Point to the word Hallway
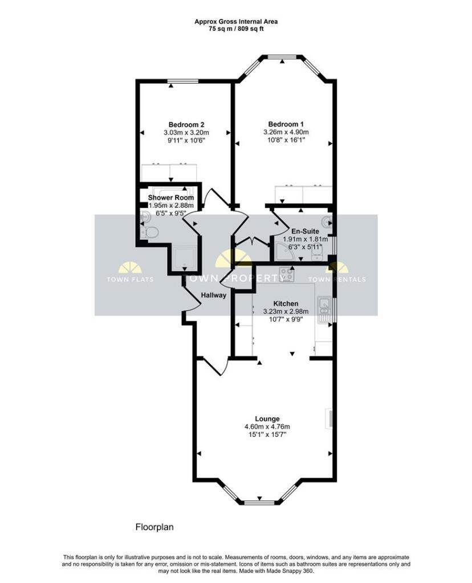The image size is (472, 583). coord(214,295)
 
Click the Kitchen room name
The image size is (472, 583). coord(286,303)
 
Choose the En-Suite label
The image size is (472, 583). coord(305,232)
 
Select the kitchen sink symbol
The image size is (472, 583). coord(324,306)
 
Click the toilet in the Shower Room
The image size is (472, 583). coord(151,232)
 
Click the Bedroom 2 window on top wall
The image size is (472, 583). coord(183,83)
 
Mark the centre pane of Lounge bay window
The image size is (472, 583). coord(260,501)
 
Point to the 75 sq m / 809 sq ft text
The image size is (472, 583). coord(236,28)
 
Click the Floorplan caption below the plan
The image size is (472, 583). coord(154,527)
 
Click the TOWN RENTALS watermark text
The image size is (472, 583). coord(337,280)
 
